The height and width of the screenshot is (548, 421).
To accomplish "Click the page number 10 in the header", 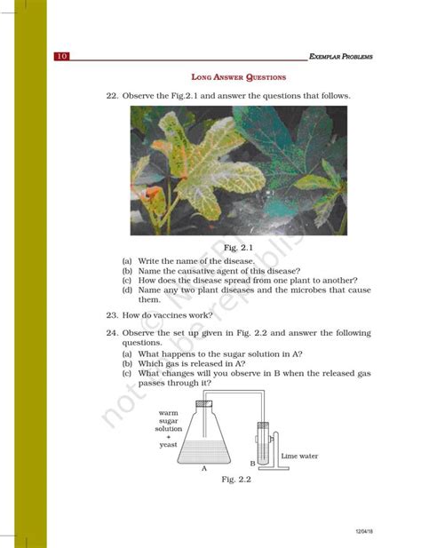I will click(x=62, y=57).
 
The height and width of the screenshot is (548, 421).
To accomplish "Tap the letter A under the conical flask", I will click(x=203, y=468).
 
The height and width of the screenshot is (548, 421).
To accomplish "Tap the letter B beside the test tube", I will click(x=252, y=464).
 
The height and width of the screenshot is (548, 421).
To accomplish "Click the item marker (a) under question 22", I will click(x=128, y=261).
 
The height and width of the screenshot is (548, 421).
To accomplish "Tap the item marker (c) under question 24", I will click(x=128, y=373).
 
